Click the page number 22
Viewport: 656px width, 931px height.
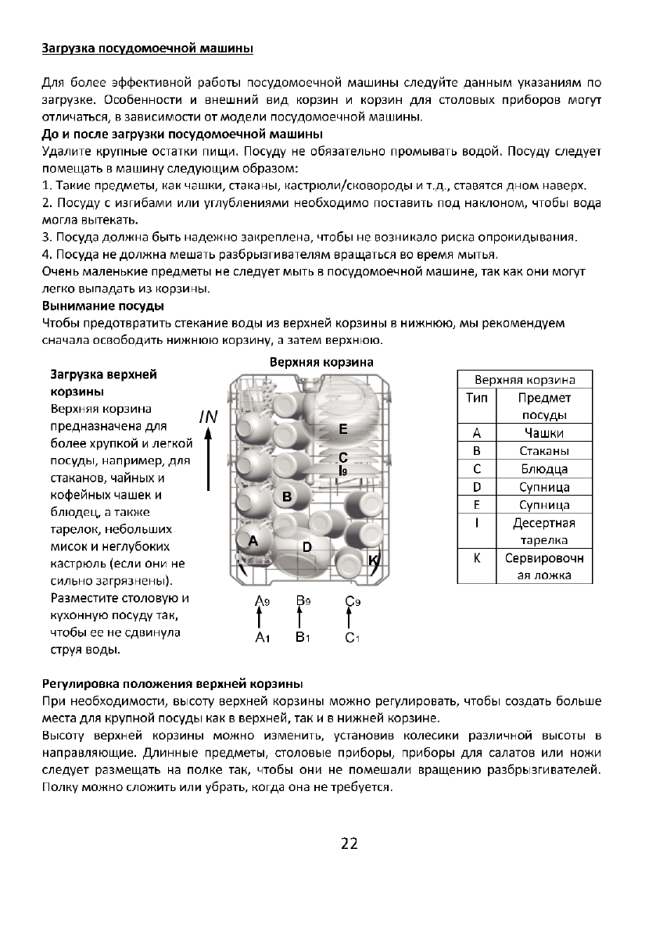[x=349, y=843]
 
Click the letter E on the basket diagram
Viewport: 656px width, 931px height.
[x=342, y=430]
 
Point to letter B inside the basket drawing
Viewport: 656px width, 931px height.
[x=287, y=496]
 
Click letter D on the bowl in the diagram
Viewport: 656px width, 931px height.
[x=307, y=547]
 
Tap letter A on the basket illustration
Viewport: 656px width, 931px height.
[x=252, y=540]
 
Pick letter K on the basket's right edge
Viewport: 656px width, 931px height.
[x=374, y=560]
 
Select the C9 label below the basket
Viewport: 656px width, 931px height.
[x=352, y=600]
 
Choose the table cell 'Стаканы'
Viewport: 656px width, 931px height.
[x=544, y=451]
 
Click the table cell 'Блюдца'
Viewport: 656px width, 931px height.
[x=544, y=469]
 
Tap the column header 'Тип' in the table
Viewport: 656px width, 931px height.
[x=476, y=398]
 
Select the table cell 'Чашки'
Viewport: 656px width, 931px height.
[x=544, y=433]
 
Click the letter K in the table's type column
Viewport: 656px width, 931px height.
[x=476, y=559]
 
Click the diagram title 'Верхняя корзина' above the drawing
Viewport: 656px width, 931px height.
[x=321, y=363]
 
